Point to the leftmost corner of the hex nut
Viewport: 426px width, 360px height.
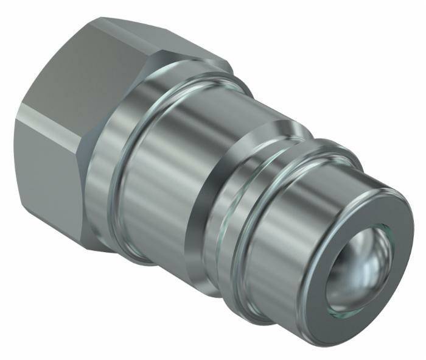(15, 122)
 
